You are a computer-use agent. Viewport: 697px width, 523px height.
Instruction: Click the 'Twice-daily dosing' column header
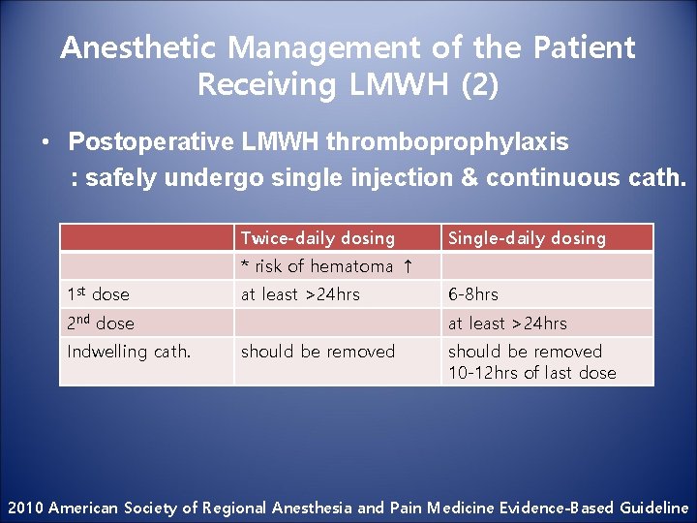[318, 238]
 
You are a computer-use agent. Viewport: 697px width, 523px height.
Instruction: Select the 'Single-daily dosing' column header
[526, 238]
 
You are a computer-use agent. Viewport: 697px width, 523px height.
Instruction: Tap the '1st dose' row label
[98, 294]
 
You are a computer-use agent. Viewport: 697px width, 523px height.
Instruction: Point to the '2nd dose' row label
[101, 323]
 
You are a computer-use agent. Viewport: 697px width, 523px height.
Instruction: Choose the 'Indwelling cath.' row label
[129, 352]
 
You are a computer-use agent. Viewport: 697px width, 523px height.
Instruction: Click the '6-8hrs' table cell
[472, 294]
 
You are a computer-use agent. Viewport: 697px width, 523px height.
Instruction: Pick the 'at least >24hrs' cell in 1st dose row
[300, 294]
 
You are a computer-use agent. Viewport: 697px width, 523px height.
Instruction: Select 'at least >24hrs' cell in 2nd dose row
[506, 323]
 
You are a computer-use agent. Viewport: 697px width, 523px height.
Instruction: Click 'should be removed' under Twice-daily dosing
[318, 352]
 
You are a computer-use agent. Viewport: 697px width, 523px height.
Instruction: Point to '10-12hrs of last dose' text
[531, 373]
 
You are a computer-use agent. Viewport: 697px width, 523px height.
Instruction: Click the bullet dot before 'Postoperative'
[45, 143]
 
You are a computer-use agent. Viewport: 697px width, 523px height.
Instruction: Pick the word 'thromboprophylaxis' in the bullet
[447, 142]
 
